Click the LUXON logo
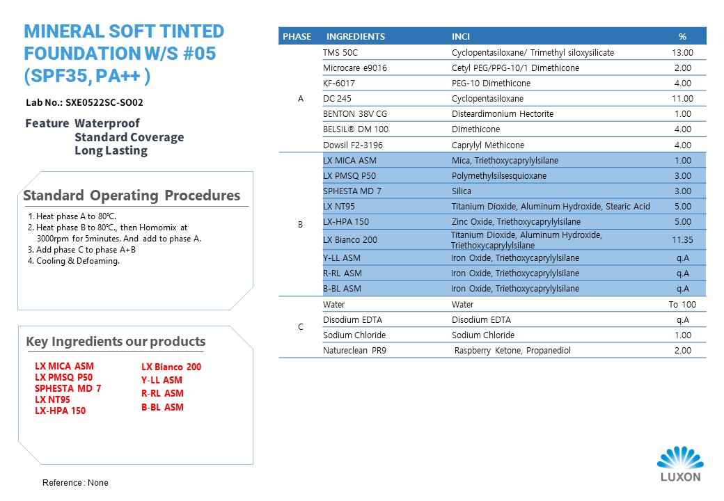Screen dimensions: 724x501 point(680,464)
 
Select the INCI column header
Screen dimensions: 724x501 point(460,36)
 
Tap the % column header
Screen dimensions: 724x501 point(682,36)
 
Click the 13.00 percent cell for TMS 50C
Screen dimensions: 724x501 point(682,53)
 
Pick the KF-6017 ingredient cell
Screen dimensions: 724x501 point(339,83)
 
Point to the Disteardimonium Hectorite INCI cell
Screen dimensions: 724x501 point(503,114)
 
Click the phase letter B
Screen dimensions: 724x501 point(300,225)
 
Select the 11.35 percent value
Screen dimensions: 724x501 point(682,240)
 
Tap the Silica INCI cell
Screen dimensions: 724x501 point(462,191)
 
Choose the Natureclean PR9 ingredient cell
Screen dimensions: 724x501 point(354,351)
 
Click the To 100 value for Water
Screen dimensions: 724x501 point(682,305)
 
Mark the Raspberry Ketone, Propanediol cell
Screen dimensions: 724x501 point(512,351)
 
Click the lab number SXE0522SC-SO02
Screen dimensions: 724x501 point(104,102)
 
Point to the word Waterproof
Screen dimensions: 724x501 point(107,123)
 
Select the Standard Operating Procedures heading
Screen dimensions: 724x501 point(132,196)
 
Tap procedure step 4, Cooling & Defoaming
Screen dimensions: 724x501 point(74,261)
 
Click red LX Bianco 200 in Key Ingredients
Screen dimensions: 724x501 point(171,367)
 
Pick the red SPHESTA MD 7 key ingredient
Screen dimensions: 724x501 point(68,388)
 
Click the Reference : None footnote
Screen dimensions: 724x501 point(75,482)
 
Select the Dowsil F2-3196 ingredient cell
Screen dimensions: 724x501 point(353,145)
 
